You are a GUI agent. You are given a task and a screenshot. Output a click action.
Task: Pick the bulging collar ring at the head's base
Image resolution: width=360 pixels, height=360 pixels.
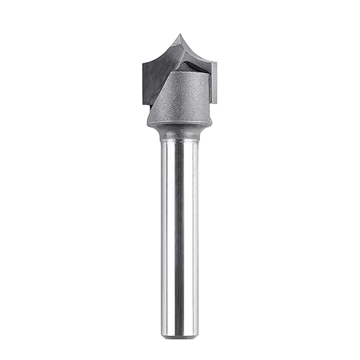pyautogui.click(x=179, y=124)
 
